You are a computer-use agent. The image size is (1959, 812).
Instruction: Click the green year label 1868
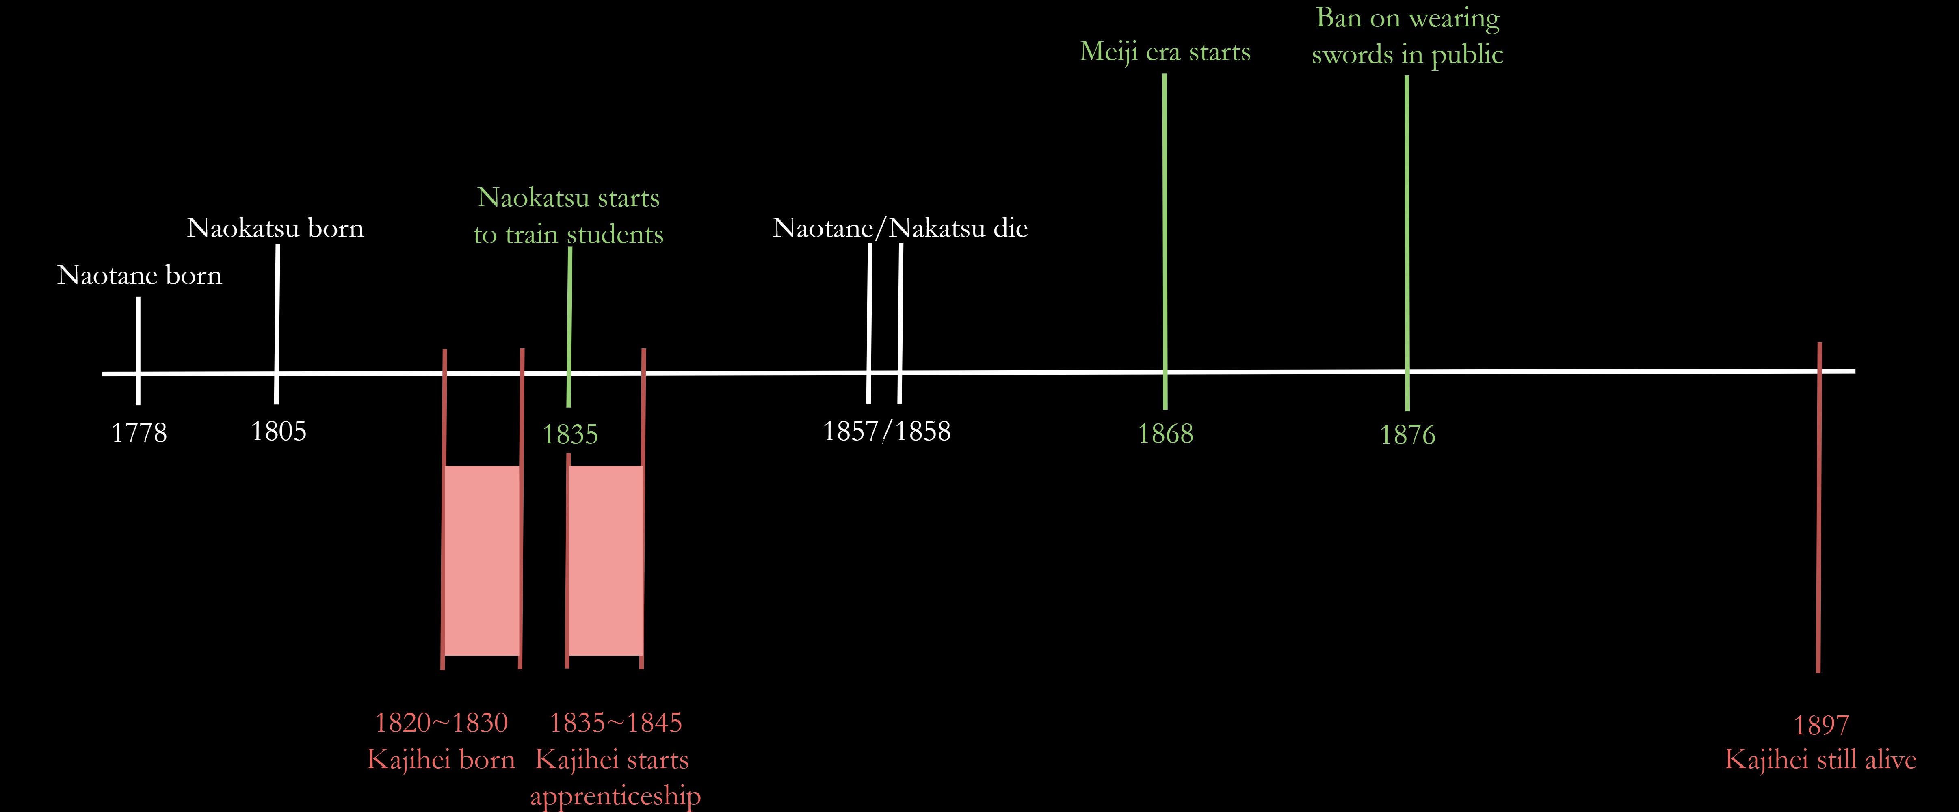click(x=1165, y=434)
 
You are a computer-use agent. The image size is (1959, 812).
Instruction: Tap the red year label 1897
click(x=1820, y=726)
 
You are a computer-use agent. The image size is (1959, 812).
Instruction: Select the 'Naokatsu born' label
click(x=275, y=228)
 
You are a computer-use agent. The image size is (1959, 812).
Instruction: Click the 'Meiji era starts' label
click(x=1165, y=52)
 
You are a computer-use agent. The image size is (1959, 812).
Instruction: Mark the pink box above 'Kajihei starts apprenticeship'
click(x=605, y=560)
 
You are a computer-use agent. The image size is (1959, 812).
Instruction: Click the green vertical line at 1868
click(x=1165, y=228)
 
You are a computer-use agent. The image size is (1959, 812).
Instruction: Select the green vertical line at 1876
click(x=1407, y=228)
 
